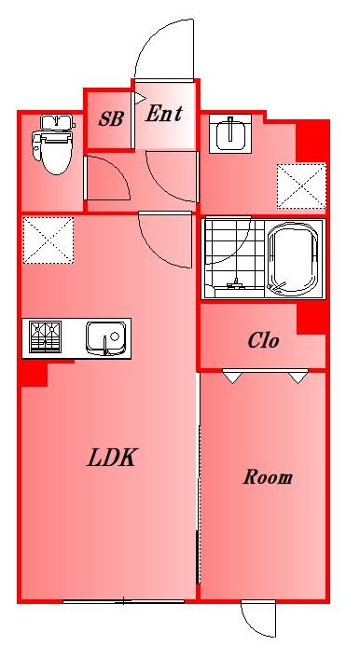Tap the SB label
[x=111, y=120]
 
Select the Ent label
[x=164, y=114]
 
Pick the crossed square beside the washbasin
[x=301, y=185]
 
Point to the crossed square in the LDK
[x=47, y=239]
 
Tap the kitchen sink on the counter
[x=105, y=336]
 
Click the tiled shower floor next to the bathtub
[x=233, y=256]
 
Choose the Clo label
[x=263, y=340]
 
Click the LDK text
[x=113, y=458]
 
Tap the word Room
[x=268, y=478]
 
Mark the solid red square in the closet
[x=312, y=320]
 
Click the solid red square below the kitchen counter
[x=34, y=374]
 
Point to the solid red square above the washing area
[x=312, y=143]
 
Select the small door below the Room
[x=257, y=619]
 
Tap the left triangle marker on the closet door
[x=231, y=377]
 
